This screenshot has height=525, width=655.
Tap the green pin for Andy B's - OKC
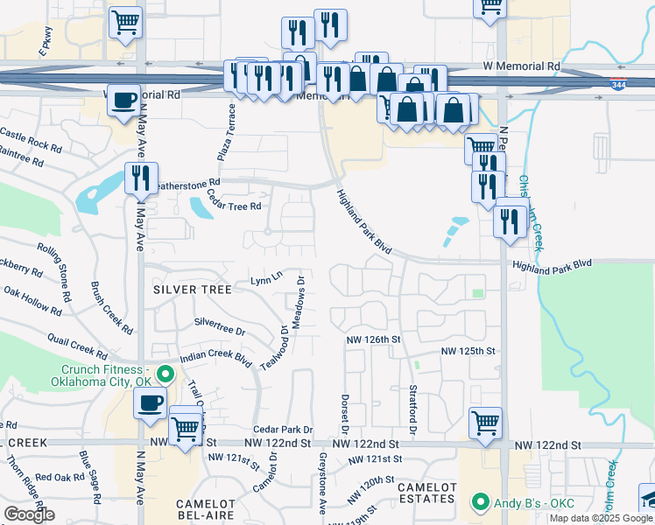pyautogui.click(x=479, y=503)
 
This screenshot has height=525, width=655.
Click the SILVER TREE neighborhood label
pyautogui.click(x=193, y=289)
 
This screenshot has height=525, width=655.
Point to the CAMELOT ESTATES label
pyautogui.click(x=426, y=493)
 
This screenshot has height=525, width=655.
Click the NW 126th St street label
pyautogui.click(x=372, y=339)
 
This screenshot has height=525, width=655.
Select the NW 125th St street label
pyautogui.click(x=468, y=351)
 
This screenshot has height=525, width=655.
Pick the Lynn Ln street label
pyautogui.click(x=266, y=280)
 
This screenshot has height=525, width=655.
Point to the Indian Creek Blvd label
pyautogui.click(x=215, y=359)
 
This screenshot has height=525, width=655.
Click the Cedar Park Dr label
pyautogui.click(x=283, y=430)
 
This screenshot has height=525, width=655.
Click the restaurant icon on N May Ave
pyautogui.click(x=140, y=179)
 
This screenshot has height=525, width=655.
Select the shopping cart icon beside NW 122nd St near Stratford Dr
pyautogui.click(x=485, y=423)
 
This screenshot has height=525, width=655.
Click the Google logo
pyautogui.click(x=30, y=514)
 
